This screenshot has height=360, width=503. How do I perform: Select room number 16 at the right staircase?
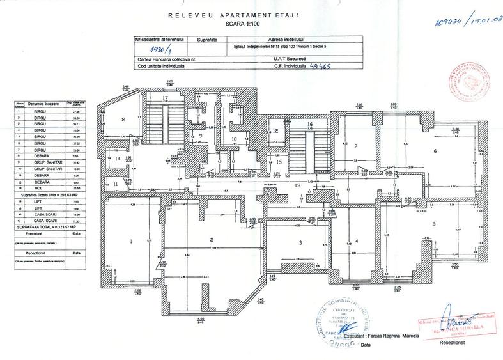pyautogui.click(x=309, y=124)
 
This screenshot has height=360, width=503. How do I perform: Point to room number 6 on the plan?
pyautogui.click(x=435, y=151)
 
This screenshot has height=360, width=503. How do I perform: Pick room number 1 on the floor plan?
pyautogui.click(x=130, y=241)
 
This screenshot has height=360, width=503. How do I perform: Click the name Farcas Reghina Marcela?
pyautogui.click(x=386, y=336)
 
